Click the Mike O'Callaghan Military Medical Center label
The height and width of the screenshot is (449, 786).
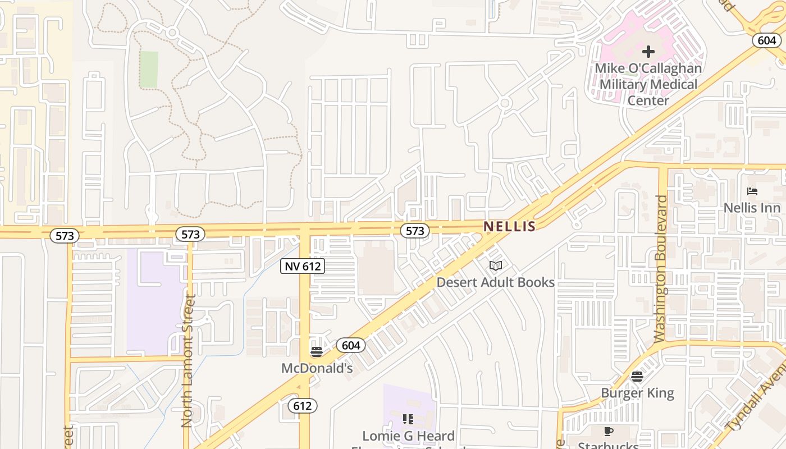648,84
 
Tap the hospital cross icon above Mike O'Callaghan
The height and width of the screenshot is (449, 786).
648,52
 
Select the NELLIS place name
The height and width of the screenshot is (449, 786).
510,226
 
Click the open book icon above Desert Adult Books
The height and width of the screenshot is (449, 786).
495,265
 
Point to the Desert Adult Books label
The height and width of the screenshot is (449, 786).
495,282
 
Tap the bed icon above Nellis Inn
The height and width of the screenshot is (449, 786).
752,191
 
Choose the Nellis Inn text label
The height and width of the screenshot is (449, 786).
752,208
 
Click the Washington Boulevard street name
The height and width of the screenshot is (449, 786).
662,269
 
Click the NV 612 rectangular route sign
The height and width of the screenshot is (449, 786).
303,267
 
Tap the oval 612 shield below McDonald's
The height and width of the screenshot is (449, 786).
302,405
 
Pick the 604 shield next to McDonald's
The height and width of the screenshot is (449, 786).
351,345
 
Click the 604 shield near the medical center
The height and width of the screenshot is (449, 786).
766,40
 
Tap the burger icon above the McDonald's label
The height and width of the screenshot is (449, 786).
317,352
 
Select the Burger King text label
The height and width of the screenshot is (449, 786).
637,393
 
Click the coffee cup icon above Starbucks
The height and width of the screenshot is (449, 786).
608,431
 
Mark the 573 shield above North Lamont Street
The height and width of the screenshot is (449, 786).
190,234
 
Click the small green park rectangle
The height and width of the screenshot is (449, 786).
149,69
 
